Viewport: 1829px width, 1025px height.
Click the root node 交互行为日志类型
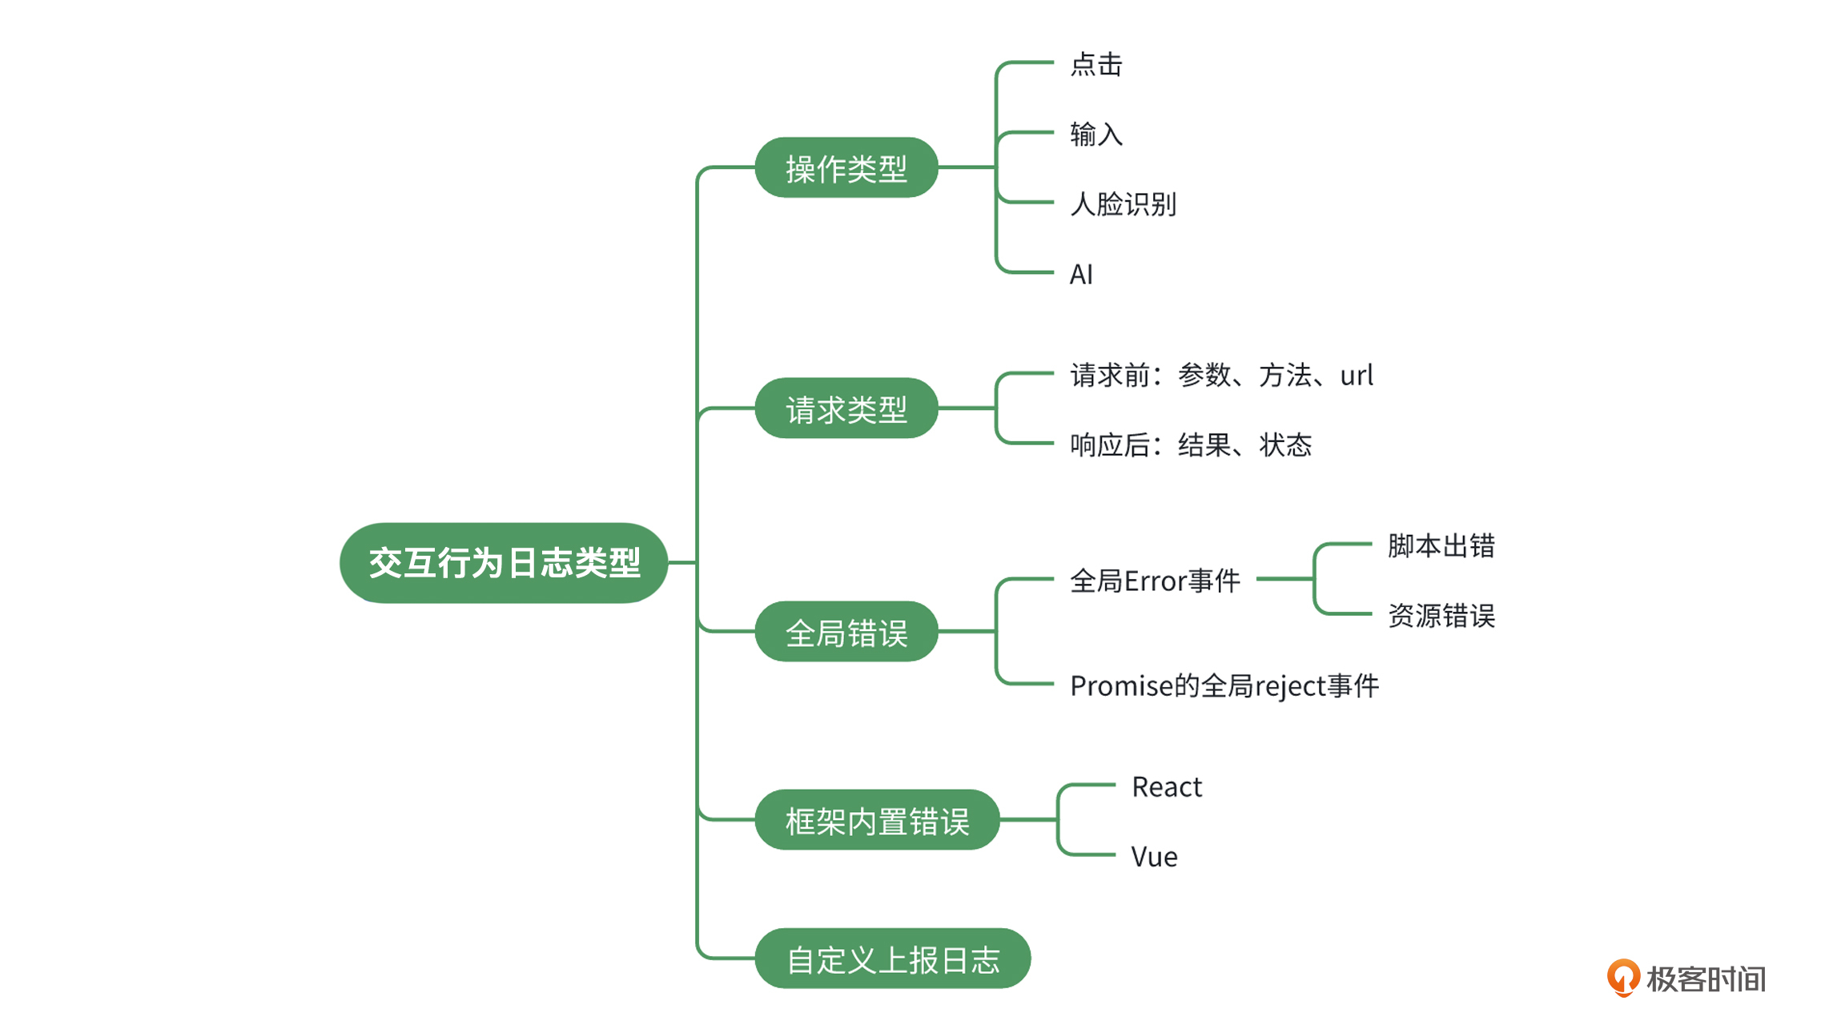pyautogui.click(x=504, y=563)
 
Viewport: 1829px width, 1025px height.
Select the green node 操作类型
pyautogui.click(x=846, y=167)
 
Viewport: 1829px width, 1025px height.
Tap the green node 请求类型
pyautogui.click(x=846, y=408)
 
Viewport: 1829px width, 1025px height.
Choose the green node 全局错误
pyautogui.click(x=846, y=632)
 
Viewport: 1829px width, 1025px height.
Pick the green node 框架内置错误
pyautogui.click(x=878, y=820)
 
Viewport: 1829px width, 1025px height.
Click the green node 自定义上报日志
pyautogui.click(x=893, y=959)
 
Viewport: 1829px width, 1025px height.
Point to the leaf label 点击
pyautogui.click(x=1096, y=64)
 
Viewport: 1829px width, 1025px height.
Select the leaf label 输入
pyautogui.click(x=1096, y=134)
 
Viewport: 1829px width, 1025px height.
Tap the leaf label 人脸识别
pyautogui.click(x=1124, y=204)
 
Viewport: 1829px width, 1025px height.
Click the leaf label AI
pyautogui.click(x=1081, y=275)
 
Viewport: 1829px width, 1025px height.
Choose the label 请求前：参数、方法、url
pyautogui.click(x=1222, y=375)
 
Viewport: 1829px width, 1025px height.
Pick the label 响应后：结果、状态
pyautogui.click(x=1191, y=444)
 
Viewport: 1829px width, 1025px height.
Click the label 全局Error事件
pyautogui.click(x=1155, y=581)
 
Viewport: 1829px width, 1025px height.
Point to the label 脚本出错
pyautogui.click(x=1441, y=545)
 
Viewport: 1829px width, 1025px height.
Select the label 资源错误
pyautogui.click(x=1441, y=615)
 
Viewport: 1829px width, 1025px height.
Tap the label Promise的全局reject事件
pyautogui.click(x=1224, y=685)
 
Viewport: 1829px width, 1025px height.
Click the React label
pyautogui.click(x=1167, y=786)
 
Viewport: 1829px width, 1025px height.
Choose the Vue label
pyautogui.click(x=1154, y=857)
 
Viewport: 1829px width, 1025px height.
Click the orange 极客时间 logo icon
pyautogui.click(x=1623, y=978)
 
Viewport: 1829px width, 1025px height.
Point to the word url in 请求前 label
pyautogui.click(x=1357, y=375)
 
